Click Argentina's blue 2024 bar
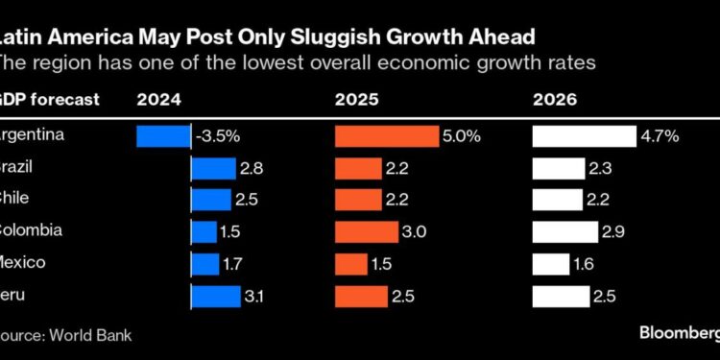[x=164, y=136]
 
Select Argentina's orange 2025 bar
[x=386, y=136]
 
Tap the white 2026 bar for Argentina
[x=585, y=136]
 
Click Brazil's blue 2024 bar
[x=213, y=169]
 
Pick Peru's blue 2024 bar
[x=216, y=297]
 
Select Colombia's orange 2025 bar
[x=366, y=232]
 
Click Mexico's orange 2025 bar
[x=350, y=264]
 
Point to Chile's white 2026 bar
[x=557, y=200]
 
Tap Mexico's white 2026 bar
[x=551, y=264]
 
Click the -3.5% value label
[x=220, y=136]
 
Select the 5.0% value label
[x=461, y=136]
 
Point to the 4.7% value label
[x=660, y=136]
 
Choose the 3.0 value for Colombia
[x=415, y=232]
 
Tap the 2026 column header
[x=554, y=98]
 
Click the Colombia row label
[x=32, y=230]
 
